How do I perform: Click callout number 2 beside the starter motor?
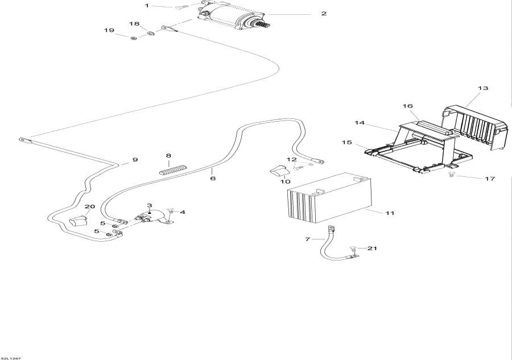coord(324,13)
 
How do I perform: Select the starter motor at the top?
coord(233,15)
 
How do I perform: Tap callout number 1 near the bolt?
coord(146,6)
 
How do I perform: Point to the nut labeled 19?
coord(133,38)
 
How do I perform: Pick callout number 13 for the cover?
coord(483,88)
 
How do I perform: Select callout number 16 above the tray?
coord(407,106)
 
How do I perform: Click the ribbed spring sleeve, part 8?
coord(172,169)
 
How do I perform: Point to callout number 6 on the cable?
coord(213,178)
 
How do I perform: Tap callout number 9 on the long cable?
coord(135,160)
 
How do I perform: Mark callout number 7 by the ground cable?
coord(308,239)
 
